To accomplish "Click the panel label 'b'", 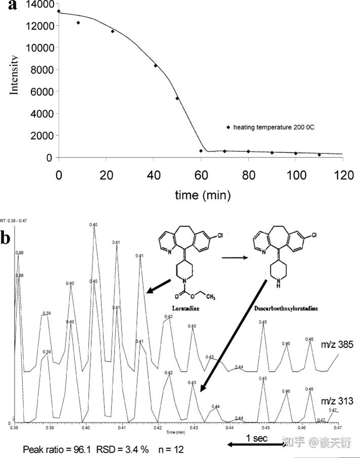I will pyautogui.click(x=7, y=238).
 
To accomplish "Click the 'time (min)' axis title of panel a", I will pyautogui.click(x=201, y=194).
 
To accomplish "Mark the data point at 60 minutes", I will pyautogui.click(x=201, y=151).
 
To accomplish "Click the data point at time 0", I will pyautogui.click(x=59, y=11).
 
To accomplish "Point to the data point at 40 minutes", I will pyautogui.click(x=155, y=66).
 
